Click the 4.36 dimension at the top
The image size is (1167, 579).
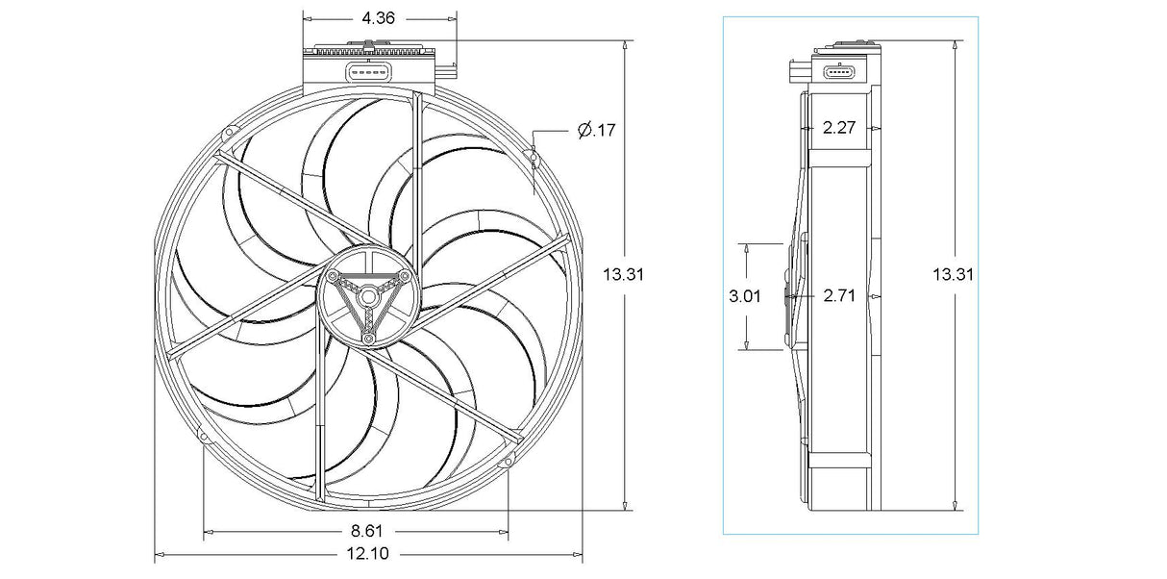378,19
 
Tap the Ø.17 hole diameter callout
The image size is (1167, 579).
597,130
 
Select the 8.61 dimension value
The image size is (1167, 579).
367,532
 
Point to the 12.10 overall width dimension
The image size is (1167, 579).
368,553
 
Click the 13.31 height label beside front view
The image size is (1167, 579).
623,275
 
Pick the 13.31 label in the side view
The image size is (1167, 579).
953,275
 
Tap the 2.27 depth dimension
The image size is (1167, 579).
839,128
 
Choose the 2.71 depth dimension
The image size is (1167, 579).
839,296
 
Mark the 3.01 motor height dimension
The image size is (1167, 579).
745,296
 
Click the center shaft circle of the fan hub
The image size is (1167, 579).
369,297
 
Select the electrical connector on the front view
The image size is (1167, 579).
369,71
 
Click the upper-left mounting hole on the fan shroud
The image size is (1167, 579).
228,133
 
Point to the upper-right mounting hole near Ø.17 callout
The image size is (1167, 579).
531,156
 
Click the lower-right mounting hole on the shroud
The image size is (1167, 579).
508,462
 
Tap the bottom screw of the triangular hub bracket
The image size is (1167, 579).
369,340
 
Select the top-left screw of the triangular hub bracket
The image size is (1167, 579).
333,275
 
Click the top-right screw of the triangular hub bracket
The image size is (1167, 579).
405,275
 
